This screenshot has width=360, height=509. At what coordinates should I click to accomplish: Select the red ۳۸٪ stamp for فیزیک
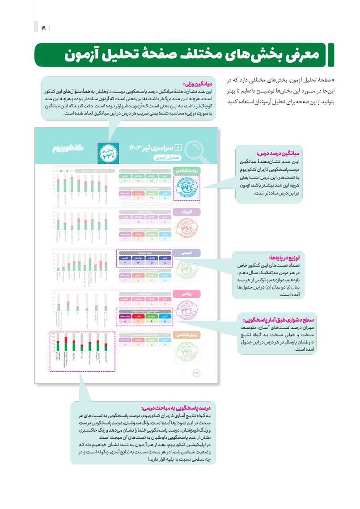click(x=186, y=230)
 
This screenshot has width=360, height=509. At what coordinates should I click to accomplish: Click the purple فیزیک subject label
click(x=188, y=212)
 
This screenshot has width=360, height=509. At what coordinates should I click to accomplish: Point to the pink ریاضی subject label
click(x=187, y=294)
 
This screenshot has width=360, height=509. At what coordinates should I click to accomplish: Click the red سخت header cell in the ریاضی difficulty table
click(x=139, y=316)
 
